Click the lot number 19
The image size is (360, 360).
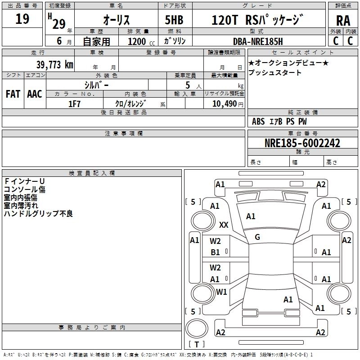pos(22,19)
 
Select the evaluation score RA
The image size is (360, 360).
pos(343,20)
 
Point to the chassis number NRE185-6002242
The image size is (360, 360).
pos(302,144)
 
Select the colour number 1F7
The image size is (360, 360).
pos(74,103)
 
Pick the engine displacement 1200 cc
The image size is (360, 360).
pos(137,41)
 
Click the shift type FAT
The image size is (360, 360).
pos(13,94)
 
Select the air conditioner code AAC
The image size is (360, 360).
pos(35,94)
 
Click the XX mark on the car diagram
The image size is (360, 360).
pos(224,225)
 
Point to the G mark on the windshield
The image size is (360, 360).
pos(257,237)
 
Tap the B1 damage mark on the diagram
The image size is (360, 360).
pos(216,252)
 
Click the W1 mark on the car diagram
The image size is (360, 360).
pos(221,292)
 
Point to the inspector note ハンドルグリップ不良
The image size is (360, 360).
pos(38,214)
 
